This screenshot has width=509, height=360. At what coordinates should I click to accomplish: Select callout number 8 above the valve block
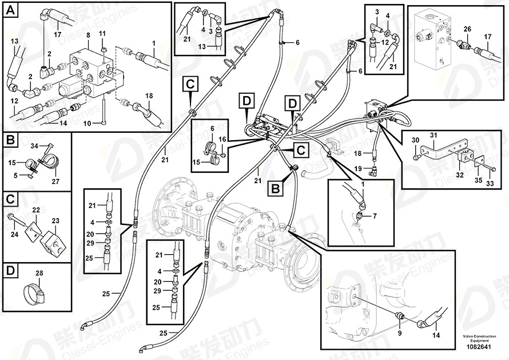click(x=88, y=35)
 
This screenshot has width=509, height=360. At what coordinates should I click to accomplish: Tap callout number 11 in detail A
click(x=102, y=35)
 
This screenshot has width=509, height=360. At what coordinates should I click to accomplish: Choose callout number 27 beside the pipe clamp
click(x=55, y=182)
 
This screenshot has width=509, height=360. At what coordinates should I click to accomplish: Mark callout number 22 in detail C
click(x=35, y=211)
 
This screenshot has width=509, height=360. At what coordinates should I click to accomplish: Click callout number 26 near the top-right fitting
click(x=467, y=29)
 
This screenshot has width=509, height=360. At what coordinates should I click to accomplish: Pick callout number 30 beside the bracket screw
click(x=415, y=141)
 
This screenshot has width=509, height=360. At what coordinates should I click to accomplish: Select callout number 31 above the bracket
click(x=433, y=135)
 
